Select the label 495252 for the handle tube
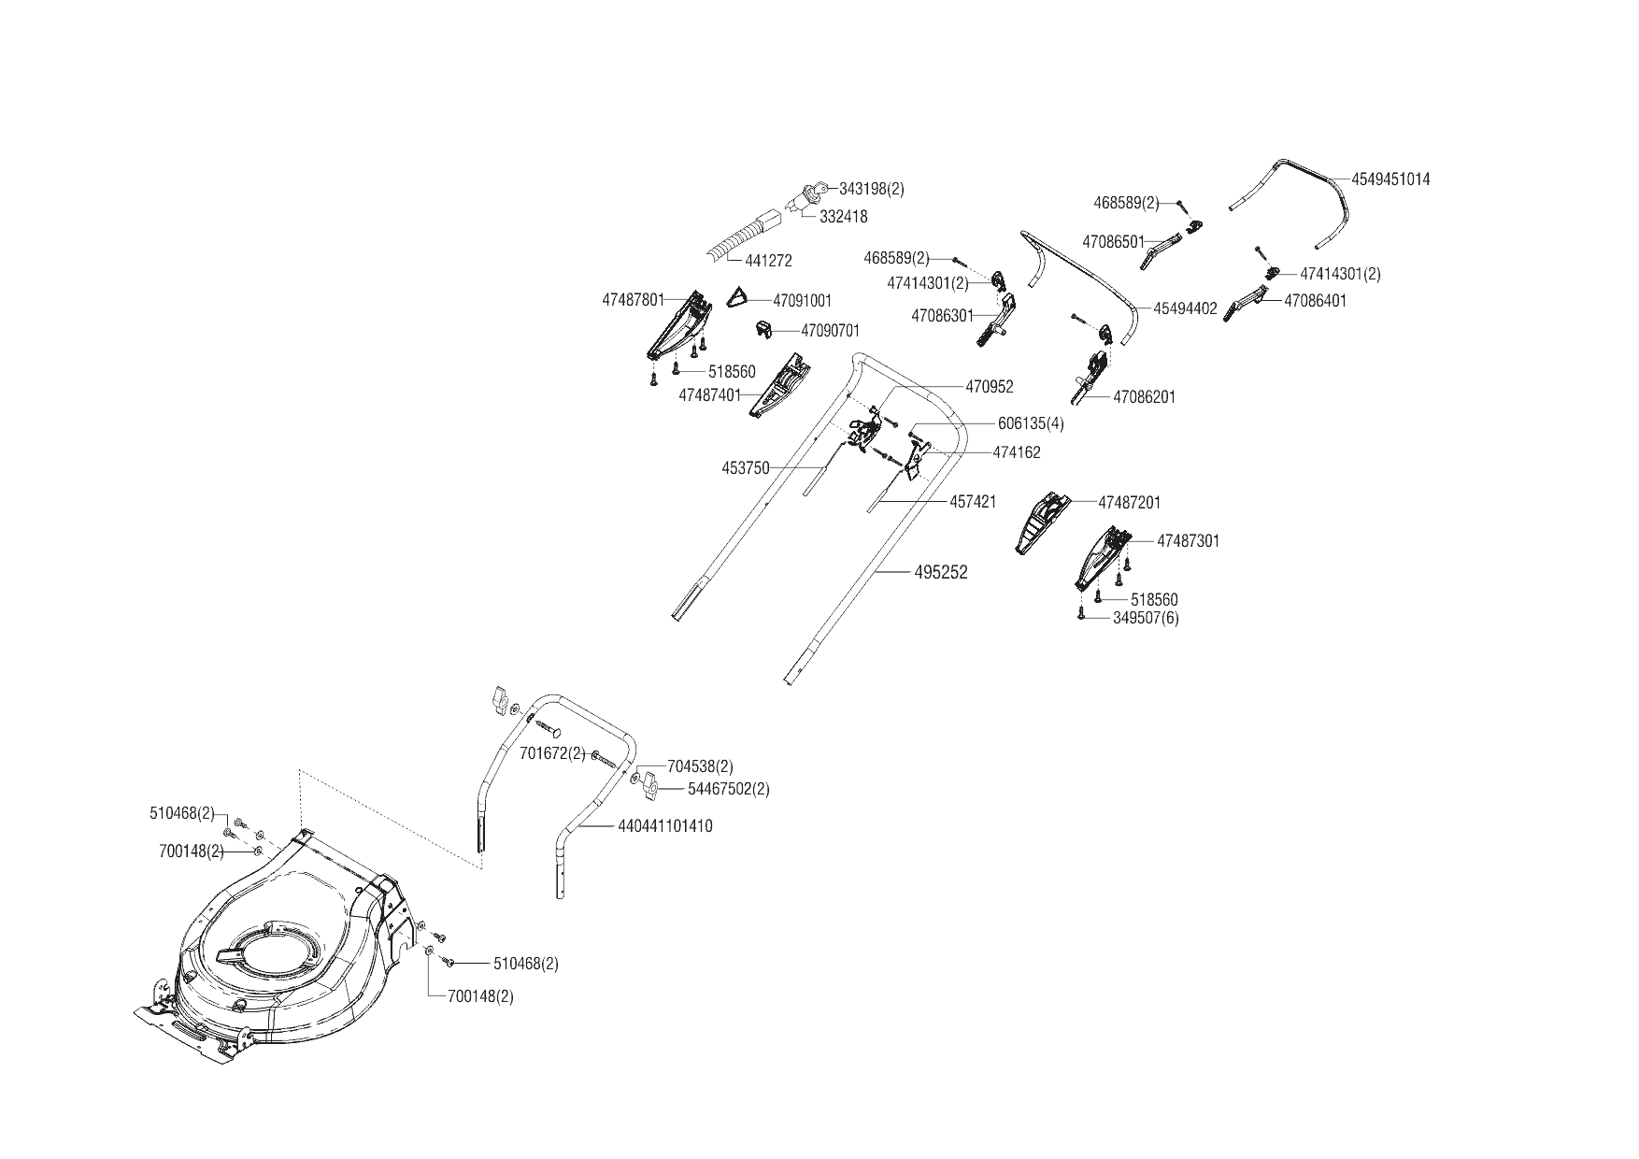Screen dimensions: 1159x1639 click(x=941, y=573)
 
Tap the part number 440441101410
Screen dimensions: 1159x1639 click(x=664, y=826)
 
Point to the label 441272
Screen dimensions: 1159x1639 click(x=768, y=262)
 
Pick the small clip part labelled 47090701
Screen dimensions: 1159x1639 click(x=764, y=329)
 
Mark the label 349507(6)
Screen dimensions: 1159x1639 click(x=1146, y=618)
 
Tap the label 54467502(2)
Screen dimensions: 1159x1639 click(x=728, y=789)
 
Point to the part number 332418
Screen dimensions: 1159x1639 click(x=843, y=217)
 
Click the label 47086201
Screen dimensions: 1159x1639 click(x=1144, y=397)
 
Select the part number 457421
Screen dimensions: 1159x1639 click(x=973, y=502)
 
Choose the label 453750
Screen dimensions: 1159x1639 click(x=746, y=468)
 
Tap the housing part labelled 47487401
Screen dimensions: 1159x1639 click(x=780, y=387)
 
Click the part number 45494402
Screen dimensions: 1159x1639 click(x=1185, y=308)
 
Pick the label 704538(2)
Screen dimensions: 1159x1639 click(x=700, y=766)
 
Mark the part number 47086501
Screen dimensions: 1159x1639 click(x=1113, y=242)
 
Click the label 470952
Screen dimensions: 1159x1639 click(x=989, y=386)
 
